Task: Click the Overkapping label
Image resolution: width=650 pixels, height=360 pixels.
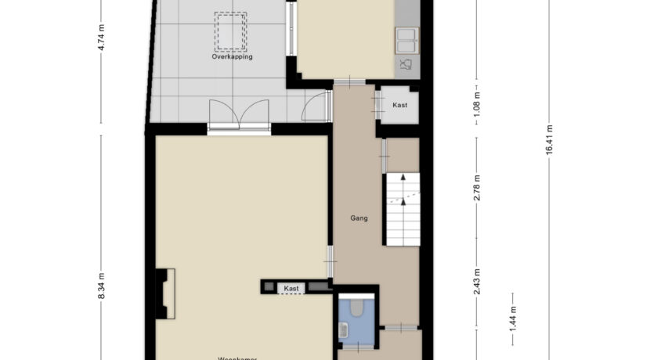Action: [232, 56]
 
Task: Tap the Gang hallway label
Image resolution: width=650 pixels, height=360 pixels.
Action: [359, 218]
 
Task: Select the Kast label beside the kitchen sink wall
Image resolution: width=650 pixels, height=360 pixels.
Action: [399, 105]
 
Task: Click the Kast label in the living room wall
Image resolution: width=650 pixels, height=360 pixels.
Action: [291, 289]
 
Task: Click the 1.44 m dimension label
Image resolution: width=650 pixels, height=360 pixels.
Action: [512, 322]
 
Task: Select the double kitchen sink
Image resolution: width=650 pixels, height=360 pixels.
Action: [406, 36]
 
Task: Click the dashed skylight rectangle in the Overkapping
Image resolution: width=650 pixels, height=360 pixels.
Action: [232, 31]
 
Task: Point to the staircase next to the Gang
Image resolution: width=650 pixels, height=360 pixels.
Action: [402, 210]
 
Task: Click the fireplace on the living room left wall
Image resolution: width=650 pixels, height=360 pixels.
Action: [165, 293]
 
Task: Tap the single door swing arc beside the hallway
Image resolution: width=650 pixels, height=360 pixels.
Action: [315, 108]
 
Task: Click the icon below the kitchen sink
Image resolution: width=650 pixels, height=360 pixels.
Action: [406, 64]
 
